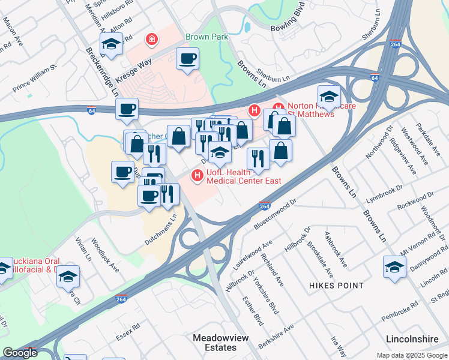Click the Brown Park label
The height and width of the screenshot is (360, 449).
point(206,37)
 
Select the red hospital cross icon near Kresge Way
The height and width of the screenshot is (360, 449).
point(152,40)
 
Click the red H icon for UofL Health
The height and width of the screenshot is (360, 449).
point(196,175)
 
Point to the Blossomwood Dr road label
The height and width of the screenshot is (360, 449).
point(276,214)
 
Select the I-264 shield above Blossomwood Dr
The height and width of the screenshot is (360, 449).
point(265,206)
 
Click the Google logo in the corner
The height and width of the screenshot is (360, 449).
point(19,353)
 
